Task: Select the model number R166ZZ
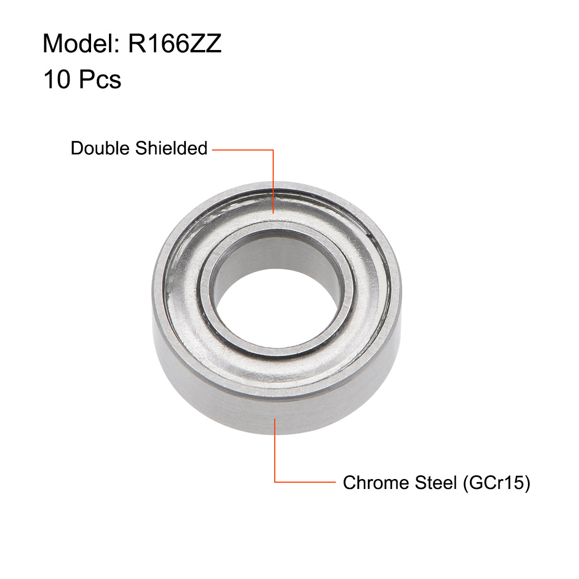pyautogui.click(x=175, y=44)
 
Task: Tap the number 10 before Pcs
pyautogui.click(x=57, y=79)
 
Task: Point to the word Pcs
pyautogui.click(x=100, y=79)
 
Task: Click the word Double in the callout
pyautogui.click(x=101, y=148)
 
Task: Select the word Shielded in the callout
pyautogui.click(x=172, y=148)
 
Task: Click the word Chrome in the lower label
pyautogui.click(x=372, y=482)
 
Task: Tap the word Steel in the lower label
pyautogui.click(x=432, y=482)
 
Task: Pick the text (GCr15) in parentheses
pyautogui.click(x=496, y=482)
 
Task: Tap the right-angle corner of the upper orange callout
pyautogui.click(x=274, y=150)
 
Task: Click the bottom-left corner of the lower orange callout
pyautogui.click(x=275, y=482)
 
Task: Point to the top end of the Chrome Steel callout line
pyautogui.click(x=275, y=419)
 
